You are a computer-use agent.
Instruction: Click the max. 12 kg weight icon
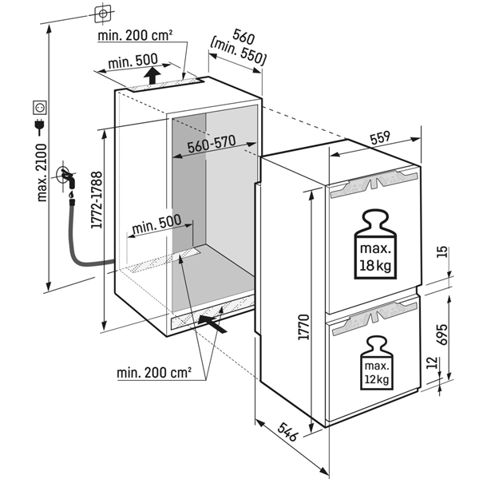pyautogui.click(x=378, y=362)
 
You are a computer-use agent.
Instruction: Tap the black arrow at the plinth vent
pyautogui.click(x=214, y=323)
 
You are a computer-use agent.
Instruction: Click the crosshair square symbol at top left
pyautogui.click(x=102, y=14)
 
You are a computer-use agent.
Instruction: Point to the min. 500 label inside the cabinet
pyautogui.click(x=156, y=226)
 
